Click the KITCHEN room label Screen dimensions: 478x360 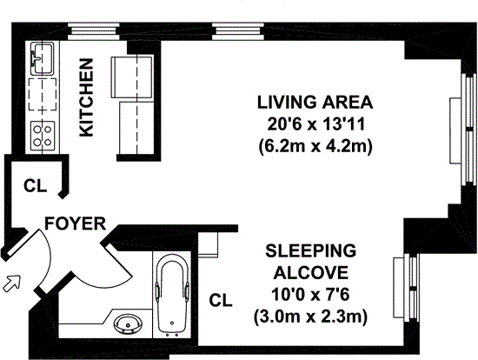pyautogui.click(x=86, y=97)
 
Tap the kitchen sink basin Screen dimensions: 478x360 pyautogui.click(x=42, y=58)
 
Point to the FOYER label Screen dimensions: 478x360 pyautogui.click(x=76, y=223)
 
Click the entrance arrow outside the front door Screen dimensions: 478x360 pyautogui.click(x=11, y=283)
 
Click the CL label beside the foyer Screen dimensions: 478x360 pyautogui.click(x=36, y=185)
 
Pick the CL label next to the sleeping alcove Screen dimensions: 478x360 pyautogui.click(x=221, y=300)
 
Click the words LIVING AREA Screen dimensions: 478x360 pyautogui.click(x=315, y=103)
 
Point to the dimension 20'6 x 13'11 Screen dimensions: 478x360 pyautogui.click(x=316, y=124)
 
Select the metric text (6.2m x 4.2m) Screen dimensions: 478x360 pyautogui.click(x=315, y=147)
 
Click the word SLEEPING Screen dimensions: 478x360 pyautogui.click(x=311, y=250)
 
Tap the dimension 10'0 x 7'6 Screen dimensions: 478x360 pyautogui.click(x=310, y=295)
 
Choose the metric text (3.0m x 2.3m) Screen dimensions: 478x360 pyautogui.click(x=310, y=317)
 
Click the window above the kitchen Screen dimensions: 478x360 pyautogui.click(x=94, y=31)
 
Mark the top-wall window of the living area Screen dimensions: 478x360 pyautogui.click(x=238, y=31)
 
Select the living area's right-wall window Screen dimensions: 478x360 pyautogui.click(x=464, y=130)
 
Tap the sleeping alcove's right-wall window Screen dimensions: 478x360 pyautogui.click(x=408, y=288)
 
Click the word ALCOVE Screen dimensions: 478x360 pyautogui.click(x=310, y=273)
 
